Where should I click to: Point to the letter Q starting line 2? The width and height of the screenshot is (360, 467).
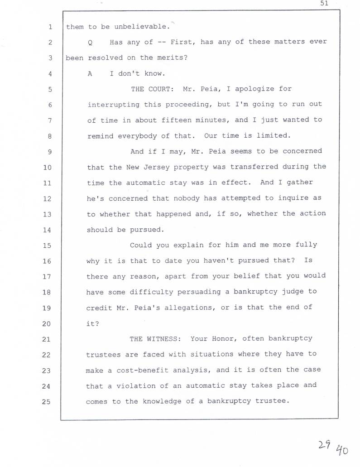91,43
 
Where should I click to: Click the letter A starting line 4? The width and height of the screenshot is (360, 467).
91,74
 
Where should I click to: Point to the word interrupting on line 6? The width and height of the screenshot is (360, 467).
113,105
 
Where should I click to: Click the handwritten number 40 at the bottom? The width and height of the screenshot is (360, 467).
342,450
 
